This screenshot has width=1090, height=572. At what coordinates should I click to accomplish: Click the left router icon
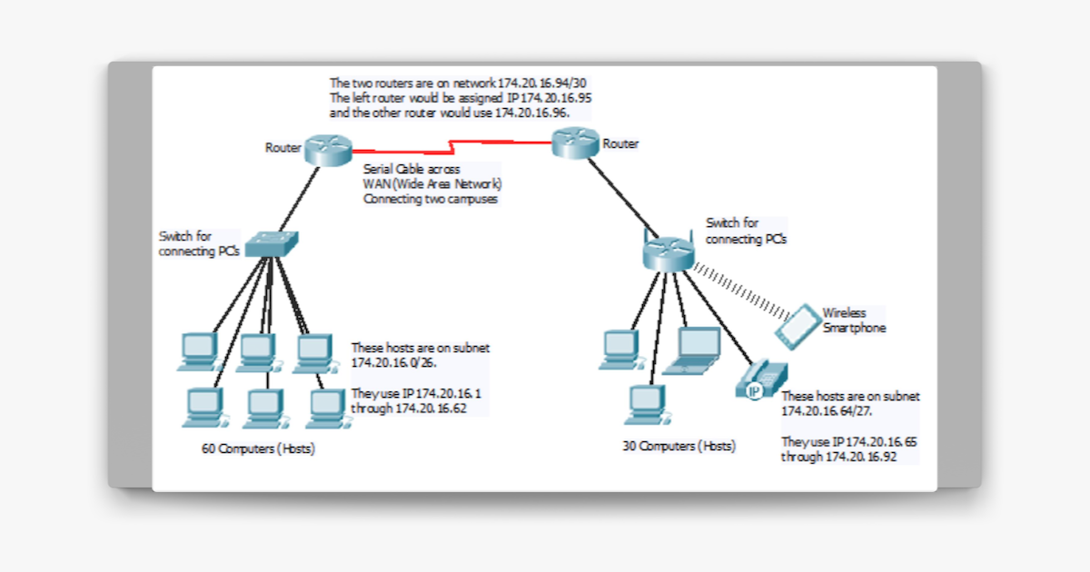pyautogui.click(x=327, y=150)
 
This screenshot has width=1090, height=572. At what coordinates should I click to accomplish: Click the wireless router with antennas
pyautogui.click(x=668, y=251)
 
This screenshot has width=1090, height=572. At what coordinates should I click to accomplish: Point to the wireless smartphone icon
pyautogui.click(x=798, y=325)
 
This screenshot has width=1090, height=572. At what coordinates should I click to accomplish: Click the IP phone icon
pyautogui.click(x=761, y=379)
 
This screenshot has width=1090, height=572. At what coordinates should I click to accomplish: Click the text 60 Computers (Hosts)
pyautogui.click(x=258, y=449)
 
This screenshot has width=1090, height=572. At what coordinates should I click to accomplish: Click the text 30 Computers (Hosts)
pyautogui.click(x=679, y=446)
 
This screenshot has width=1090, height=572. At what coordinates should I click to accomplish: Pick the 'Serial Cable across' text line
pyautogui.click(x=411, y=169)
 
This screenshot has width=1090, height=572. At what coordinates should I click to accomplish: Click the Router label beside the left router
pyautogui.click(x=282, y=147)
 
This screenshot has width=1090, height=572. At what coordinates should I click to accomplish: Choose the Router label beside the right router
pyautogui.click(x=620, y=143)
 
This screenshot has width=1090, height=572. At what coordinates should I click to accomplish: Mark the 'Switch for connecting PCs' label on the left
pyautogui.click(x=198, y=243)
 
